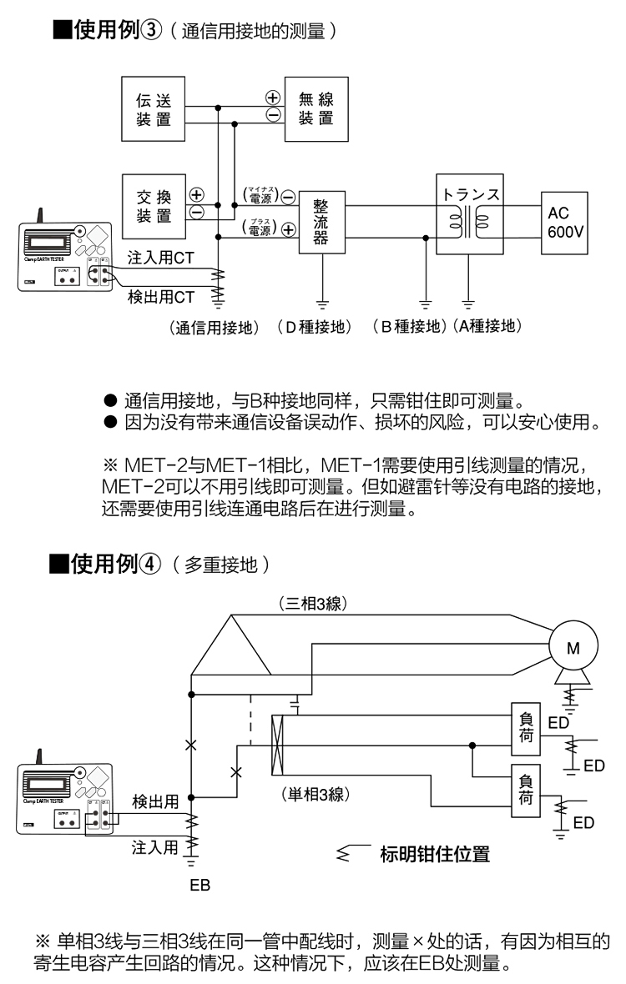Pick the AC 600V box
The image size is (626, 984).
567,223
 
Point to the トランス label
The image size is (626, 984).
472,193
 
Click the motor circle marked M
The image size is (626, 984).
573,646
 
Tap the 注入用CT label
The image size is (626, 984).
161,258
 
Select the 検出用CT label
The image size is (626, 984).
161,296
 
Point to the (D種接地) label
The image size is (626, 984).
314,327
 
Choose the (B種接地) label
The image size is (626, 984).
409,327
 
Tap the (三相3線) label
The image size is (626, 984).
307,602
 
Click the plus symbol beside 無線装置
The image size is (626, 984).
272,98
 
